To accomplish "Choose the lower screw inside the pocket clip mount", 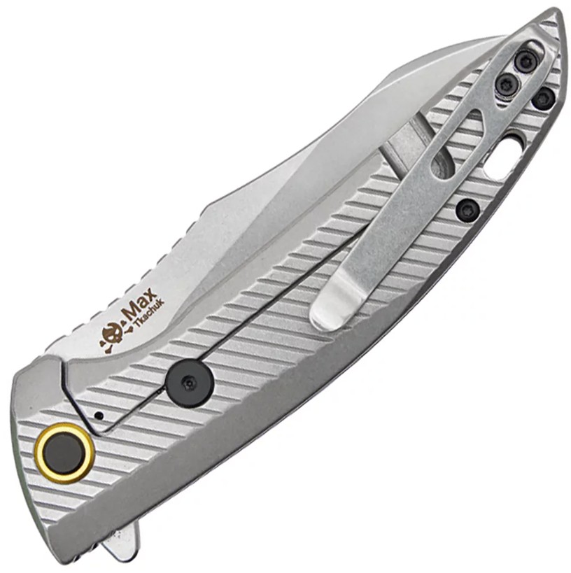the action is coord(506,84).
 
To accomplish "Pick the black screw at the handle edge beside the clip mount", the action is coord(544,98).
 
